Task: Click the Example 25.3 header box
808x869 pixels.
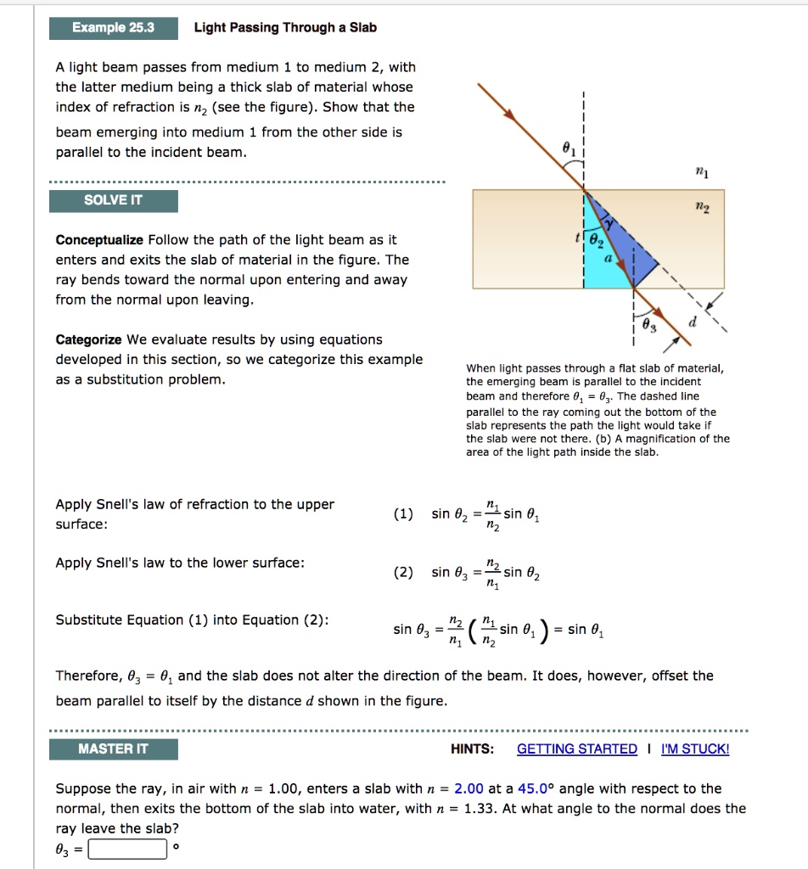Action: [x=114, y=28]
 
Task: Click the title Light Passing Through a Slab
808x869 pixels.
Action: [x=285, y=28]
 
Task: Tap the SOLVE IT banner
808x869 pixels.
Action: [x=114, y=201]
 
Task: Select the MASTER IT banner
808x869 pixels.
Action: [x=114, y=749]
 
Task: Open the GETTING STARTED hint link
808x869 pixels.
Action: [x=576, y=749]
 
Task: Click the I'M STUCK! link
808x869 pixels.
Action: [x=695, y=749]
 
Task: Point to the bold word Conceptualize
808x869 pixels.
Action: [x=98, y=240]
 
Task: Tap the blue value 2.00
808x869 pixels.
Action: [x=469, y=788]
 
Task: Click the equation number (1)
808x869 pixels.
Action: [x=404, y=513]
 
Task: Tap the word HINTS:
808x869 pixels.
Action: [x=473, y=749]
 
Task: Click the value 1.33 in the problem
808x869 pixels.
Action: [x=480, y=809]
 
